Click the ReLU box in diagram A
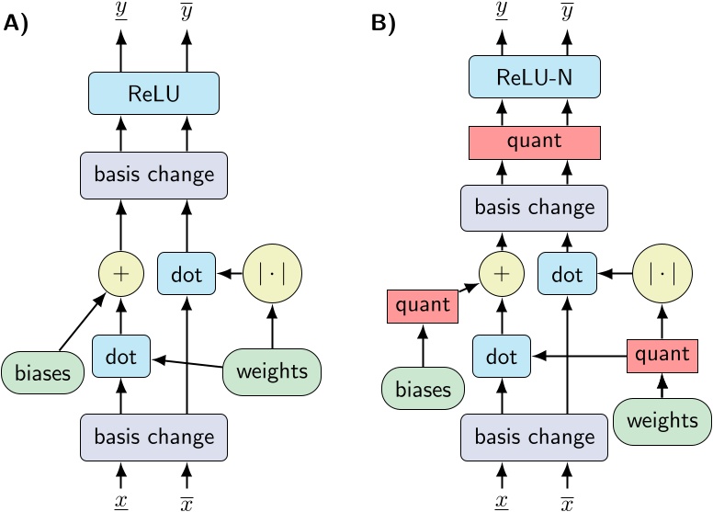(x=153, y=93)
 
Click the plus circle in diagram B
(x=502, y=274)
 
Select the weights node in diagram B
(x=662, y=420)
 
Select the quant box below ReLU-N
(x=534, y=142)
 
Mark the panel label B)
(x=383, y=25)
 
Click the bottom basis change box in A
(x=153, y=436)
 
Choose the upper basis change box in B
(x=534, y=207)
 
